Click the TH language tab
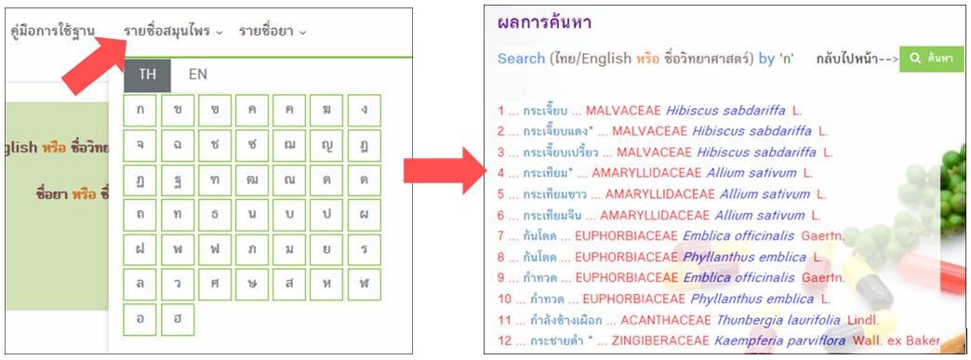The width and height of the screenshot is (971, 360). pyautogui.click(x=147, y=75)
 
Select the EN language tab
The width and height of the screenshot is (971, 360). pyautogui.click(x=197, y=75)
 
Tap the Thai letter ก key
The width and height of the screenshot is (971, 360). pyautogui.click(x=140, y=111)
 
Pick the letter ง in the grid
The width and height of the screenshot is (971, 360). pyautogui.click(x=365, y=111)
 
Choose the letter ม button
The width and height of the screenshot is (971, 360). pyautogui.click(x=289, y=249)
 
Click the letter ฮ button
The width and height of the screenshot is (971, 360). pyautogui.click(x=177, y=319)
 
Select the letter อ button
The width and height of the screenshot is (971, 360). pyautogui.click(x=140, y=319)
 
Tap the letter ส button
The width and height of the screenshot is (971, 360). pyautogui.click(x=289, y=285)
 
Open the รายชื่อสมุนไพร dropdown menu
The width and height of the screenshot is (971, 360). pyautogui.click(x=173, y=32)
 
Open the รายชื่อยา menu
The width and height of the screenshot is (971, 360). pyautogui.click(x=272, y=32)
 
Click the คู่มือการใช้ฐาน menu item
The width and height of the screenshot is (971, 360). pyautogui.click(x=53, y=32)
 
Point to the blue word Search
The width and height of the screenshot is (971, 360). pyautogui.click(x=521, y=59)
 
